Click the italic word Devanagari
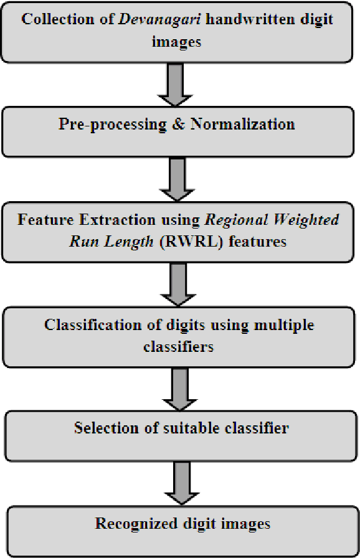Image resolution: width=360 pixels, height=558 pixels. click(x=144, y=18)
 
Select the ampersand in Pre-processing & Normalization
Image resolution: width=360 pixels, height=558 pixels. click(x=177, y=124)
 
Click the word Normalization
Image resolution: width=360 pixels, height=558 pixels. click(x=242, y=124)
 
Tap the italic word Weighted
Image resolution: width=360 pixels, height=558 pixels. click(x=308, y=220)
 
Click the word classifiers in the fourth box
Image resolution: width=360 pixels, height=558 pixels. click(x=178, y=346)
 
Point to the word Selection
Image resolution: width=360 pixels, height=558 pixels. click(x=104, y=428)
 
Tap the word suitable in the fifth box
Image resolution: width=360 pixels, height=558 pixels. click(x=179, y=428)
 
